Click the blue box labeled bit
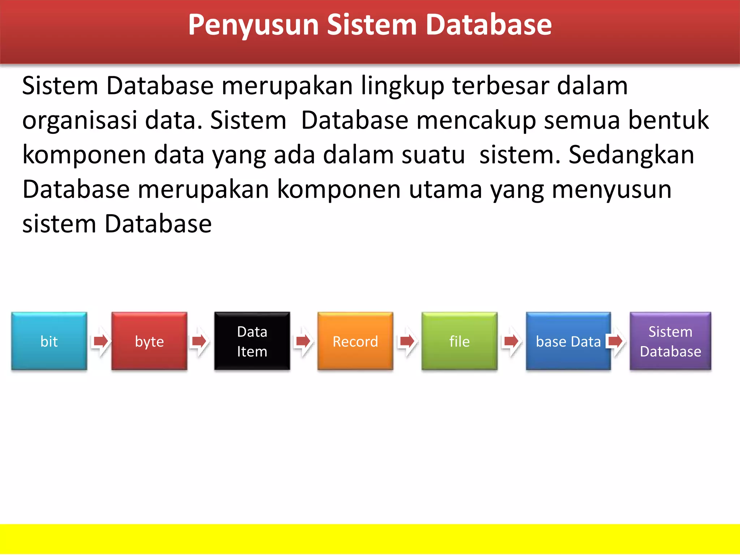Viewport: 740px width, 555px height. point(49,341)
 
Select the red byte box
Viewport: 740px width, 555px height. point(149,341)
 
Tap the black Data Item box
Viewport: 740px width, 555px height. point(252,341)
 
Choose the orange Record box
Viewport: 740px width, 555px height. point(355,341)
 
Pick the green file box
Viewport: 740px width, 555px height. point(459,341)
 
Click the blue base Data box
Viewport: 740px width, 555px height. point(568,341)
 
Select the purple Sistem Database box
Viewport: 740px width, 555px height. point(670,341)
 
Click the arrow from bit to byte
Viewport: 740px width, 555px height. point(100,341)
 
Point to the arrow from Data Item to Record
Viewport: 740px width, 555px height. point(303,341)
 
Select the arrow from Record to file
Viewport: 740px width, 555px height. point(407,341)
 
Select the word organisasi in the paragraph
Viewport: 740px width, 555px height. point(80,121)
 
